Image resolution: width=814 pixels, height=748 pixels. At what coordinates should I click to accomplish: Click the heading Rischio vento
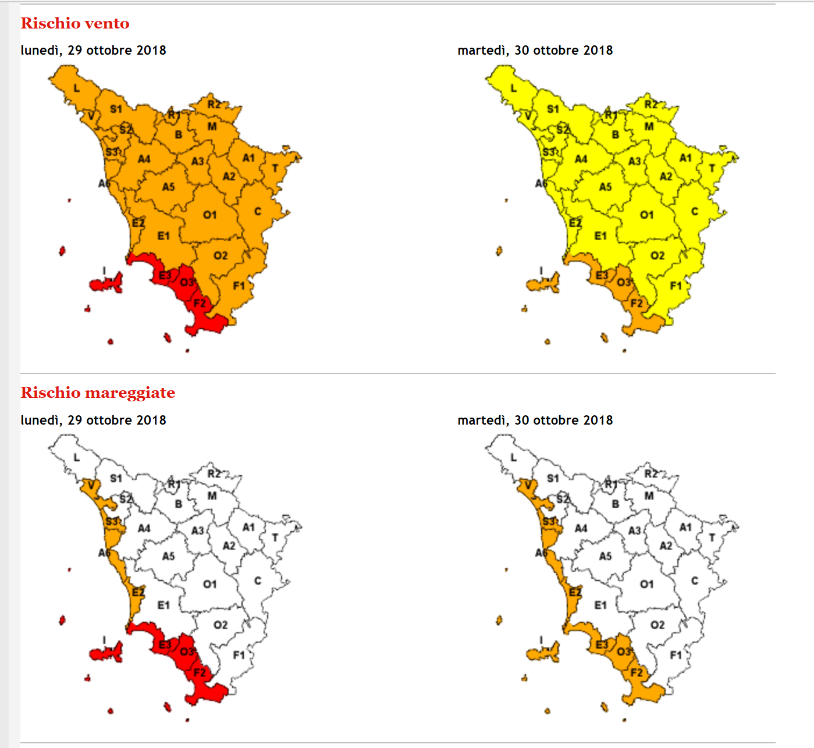pyautogui.click(x=75, y=23)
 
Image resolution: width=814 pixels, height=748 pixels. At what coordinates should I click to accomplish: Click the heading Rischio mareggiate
pyautogui.click(x=98, y=393)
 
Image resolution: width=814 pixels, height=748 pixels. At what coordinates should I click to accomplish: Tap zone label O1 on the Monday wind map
pyautogui.click(x=209, y=215)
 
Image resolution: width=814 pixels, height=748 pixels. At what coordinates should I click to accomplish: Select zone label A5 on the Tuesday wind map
pyautogui.click(x=605, y=187)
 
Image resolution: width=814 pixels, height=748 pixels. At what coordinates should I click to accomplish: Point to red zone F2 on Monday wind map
pyautogui.click(x=200, y=303)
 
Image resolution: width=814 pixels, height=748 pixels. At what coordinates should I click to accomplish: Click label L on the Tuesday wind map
pyautogui.click(x=513, y=88)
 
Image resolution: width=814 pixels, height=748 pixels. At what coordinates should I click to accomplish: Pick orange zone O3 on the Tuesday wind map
pyautogui.click(x=624, y=282)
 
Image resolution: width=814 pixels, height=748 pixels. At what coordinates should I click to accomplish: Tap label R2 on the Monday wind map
pyautogui.click(x=214, y=105)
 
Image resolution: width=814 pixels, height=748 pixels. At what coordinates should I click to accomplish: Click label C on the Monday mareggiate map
pyautogui.click(x=258, y=580)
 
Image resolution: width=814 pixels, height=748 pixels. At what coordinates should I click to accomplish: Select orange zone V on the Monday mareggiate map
pyautogui.click(x=91, y=485)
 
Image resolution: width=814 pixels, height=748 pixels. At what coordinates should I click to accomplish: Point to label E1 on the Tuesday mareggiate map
pyautogui.click(x=600, y=605)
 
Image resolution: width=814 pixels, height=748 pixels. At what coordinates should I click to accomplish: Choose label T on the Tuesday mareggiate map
pyautogui.click(x=712, y=538)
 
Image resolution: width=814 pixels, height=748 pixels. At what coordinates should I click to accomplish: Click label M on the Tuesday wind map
pyautogui.click(x=649, y=126)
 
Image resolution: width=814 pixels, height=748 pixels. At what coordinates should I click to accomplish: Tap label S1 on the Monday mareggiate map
pyautogui.click(x=116, y=478)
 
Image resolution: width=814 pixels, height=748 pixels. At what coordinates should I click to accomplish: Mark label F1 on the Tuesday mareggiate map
pyautogui.click(x=676, y=656)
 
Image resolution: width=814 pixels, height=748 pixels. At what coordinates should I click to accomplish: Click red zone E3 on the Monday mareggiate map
pyautogui.click(x=165, y=645)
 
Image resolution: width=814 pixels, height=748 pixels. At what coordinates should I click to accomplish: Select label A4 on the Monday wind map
pyautogui.click(x=144, y=159)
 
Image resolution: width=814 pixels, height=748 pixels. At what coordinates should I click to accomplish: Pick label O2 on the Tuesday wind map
pyautogui.click(x=657, y=256)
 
